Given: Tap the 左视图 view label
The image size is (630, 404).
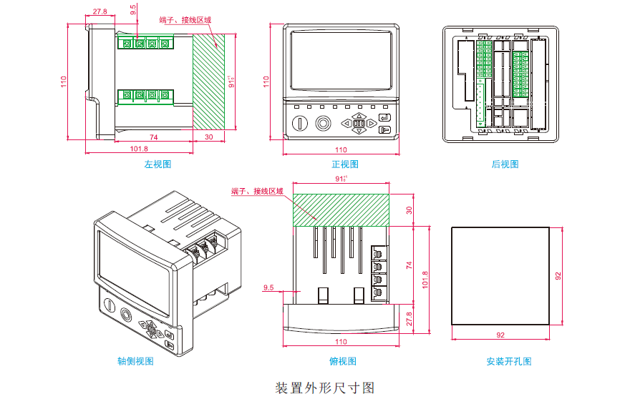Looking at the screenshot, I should [158, 164].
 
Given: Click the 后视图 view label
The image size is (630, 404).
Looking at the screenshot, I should [505, 164].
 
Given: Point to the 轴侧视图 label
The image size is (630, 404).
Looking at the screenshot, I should [135, 362].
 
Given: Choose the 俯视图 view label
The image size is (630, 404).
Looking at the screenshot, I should [343, 362].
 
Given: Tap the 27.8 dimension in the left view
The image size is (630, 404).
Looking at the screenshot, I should [100, 12].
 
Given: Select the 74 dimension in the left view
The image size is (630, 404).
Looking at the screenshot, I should [153, 136].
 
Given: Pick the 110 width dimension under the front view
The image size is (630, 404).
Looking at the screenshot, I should [341, 149].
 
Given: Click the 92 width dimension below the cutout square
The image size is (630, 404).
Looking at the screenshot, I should [500, 335].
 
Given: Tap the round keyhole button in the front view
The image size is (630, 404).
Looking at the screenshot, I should [301, 123].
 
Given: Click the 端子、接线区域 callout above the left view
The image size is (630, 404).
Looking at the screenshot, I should [185, 20].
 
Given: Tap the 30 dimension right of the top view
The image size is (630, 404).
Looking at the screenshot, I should [409, 210].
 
